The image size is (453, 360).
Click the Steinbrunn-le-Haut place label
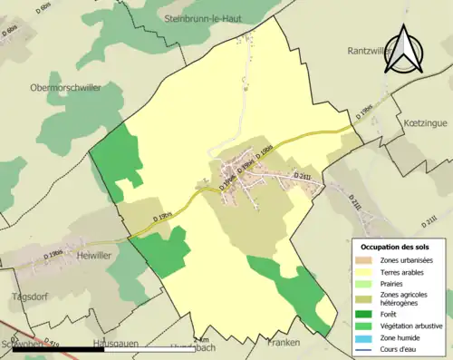point(207,17)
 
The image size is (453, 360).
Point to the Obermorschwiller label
point(64,87)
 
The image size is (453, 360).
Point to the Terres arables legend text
point(403,272)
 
